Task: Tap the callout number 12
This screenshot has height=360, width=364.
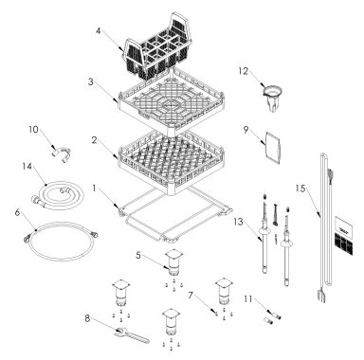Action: click(x=242, y=71)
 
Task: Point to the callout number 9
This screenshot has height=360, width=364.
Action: click(x=245, y=129)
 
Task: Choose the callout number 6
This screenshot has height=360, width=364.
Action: click(x=18, y=215)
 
